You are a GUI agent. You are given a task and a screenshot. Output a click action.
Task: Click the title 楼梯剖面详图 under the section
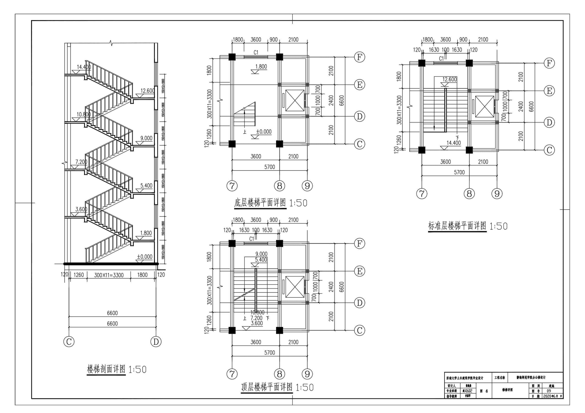pyautogui.click(x=106, y=369)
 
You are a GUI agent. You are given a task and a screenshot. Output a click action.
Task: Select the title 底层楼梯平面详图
pyautogui.click(x=260, y=203)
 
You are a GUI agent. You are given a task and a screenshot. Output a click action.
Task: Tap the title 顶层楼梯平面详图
pyautogui.click(x=267, y=387)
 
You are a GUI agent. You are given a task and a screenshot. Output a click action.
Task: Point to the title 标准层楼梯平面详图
pyautogui.click(x=457, y=226)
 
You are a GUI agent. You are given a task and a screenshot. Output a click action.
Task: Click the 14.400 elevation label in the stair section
pyautogui.click(x=84, y=67)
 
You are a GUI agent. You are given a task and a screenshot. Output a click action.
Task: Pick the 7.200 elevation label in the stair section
pyautogui.click(x=81, y=162)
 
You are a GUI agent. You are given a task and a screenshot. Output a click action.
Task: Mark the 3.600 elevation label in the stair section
pyautogui.click(x=81, y=209)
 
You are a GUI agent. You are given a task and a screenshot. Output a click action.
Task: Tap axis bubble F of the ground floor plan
pyautogui.click(x=359, y=57)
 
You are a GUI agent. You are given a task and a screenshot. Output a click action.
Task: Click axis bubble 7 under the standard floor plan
pyautogui.click(x=422, y=194)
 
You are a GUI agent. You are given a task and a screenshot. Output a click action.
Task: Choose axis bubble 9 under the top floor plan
pyautogui.click(x=307, y=374)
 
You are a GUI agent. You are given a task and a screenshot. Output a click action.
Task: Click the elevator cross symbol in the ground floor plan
pyautogui.click(x=295, y=101)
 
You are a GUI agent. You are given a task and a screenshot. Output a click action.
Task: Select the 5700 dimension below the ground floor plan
pyautogui.click(x=270, y=167)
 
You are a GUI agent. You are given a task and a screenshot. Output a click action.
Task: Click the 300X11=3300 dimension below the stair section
pyautogui.click(x=109, y=275)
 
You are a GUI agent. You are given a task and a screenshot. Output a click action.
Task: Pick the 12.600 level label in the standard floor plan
pyautogui.click(x=449, y=79)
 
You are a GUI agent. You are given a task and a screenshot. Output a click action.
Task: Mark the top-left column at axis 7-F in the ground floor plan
pyautogui.click(x=232, y=57)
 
